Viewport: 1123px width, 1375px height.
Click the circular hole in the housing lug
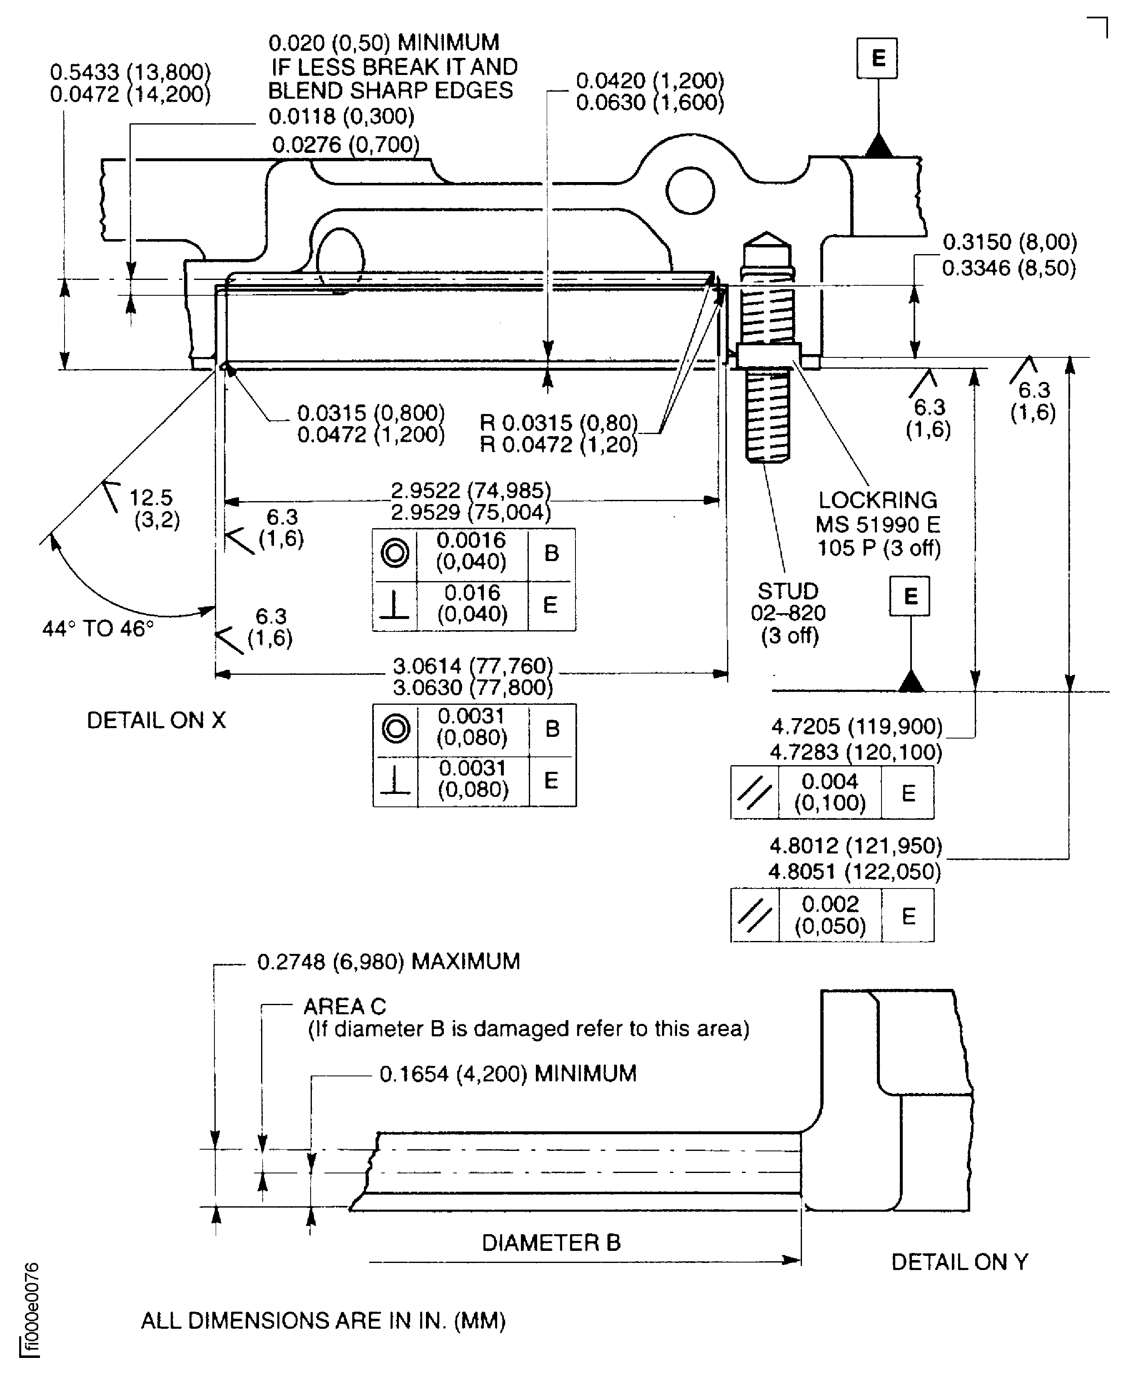pos(690,191)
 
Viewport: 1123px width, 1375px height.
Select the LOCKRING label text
pos(877,500)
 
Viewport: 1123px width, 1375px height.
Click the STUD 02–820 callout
pos(788,612)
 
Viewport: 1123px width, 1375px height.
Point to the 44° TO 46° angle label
pos(98,628)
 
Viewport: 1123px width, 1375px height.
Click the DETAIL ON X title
pos(156,720)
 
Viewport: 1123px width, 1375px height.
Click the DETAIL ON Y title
pos(959,1262)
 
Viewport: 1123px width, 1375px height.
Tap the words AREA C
pos(344,1006)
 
